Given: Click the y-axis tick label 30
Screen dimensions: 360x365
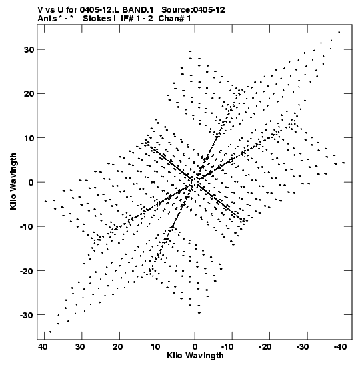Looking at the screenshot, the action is click(29, 49).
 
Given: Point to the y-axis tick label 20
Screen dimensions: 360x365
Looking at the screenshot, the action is click(29, 94).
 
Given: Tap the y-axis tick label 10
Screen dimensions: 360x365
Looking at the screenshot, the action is click(29, 138).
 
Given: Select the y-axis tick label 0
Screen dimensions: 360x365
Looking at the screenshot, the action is click(31, 182).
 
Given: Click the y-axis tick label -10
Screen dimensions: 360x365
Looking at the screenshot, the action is click(27, 226).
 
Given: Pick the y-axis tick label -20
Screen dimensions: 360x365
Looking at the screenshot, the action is click(27, 270).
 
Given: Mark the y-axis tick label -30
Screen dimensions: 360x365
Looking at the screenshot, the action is click(27, 315).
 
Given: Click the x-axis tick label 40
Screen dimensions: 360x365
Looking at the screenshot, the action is click(43, 347).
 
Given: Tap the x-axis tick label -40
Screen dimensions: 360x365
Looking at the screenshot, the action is click(340, 347).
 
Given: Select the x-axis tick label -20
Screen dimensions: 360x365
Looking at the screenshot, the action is click(265, 347).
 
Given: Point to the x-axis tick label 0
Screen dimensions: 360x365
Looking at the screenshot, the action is click(195, 347).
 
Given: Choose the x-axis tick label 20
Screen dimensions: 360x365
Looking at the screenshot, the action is click(118, 347).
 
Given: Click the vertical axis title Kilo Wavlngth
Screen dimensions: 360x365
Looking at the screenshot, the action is click(13, 181).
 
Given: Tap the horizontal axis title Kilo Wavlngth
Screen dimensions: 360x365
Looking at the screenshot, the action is click(195, 356).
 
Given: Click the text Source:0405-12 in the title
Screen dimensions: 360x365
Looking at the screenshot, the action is click(193, 10).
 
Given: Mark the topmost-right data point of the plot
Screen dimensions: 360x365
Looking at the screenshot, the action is click(339, 32).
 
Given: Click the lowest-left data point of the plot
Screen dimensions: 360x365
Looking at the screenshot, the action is click(50, 332).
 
